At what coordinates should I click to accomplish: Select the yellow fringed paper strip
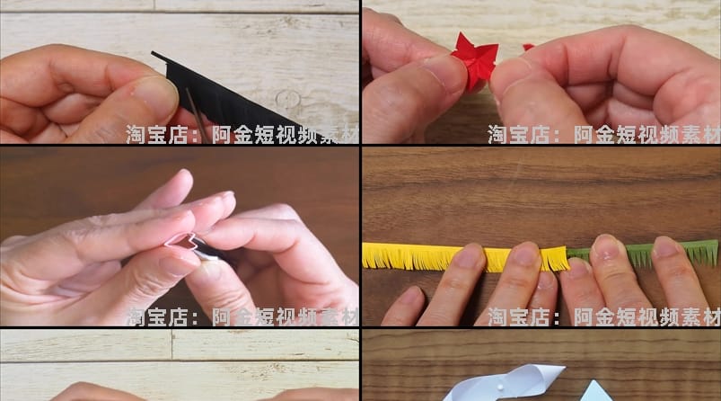(x=422, y=257)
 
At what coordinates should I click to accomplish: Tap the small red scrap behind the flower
(x=528, y=47)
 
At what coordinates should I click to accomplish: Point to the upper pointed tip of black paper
(x=155, y=55)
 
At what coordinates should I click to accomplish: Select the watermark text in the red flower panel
(x=603, y=135)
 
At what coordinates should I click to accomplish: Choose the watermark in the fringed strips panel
(x=603, y=316)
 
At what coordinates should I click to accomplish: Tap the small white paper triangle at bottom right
(x=597, y=392)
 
